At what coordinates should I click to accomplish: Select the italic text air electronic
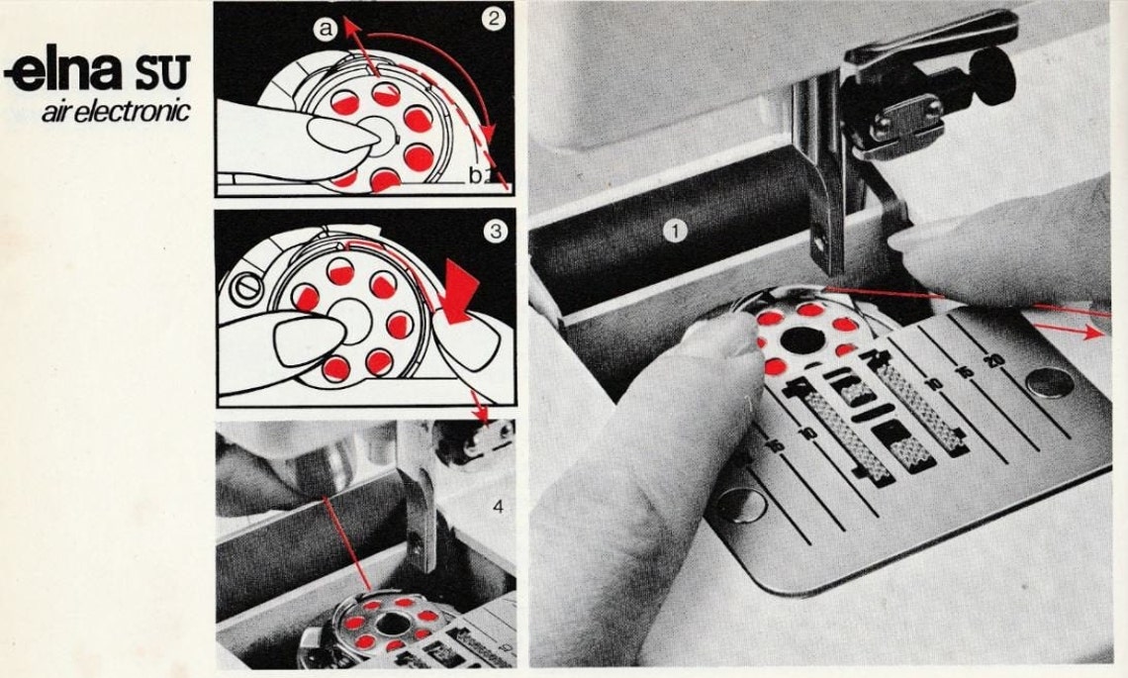[x=115, y=111]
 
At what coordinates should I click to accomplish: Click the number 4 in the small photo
[x=498, y=507]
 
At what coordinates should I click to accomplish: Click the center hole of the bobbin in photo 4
[x=391, y=623]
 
